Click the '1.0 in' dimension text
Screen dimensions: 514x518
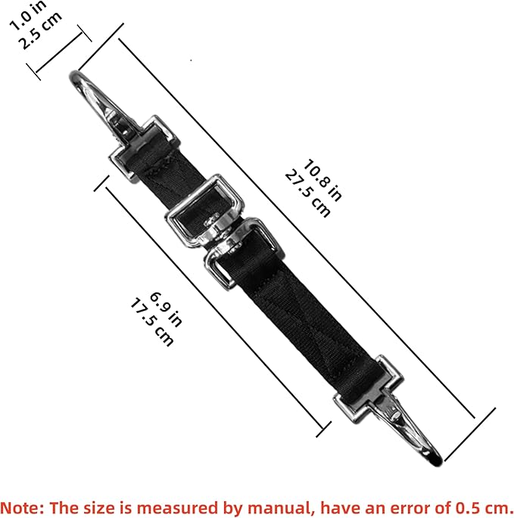click(28, 16)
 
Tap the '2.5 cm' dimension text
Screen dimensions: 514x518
click(40, 31)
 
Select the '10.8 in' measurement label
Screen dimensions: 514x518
click(322, 181)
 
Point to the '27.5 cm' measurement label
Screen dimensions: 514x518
click(307, 194)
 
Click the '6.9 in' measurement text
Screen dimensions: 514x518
click(166, 309)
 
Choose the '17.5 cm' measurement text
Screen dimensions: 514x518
click(152, 322)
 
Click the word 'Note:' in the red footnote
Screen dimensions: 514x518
click(22, 507)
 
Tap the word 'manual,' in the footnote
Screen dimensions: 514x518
click(281, 507)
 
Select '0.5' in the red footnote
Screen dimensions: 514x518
click(469, 507)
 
